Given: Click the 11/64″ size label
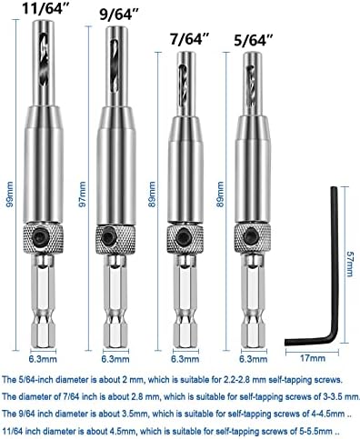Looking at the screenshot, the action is [44, 8].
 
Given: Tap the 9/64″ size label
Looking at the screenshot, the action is [119, 15].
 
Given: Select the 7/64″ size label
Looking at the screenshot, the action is [190, 39].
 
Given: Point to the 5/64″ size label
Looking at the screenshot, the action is [254, 40].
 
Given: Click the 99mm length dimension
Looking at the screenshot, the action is [10, 194].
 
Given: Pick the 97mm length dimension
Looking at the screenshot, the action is [82, 194].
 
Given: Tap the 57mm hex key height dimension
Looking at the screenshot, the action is [350, 264].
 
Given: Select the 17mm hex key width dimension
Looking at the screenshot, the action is [313, 358].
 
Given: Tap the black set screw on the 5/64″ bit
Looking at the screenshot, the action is [251, 235].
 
